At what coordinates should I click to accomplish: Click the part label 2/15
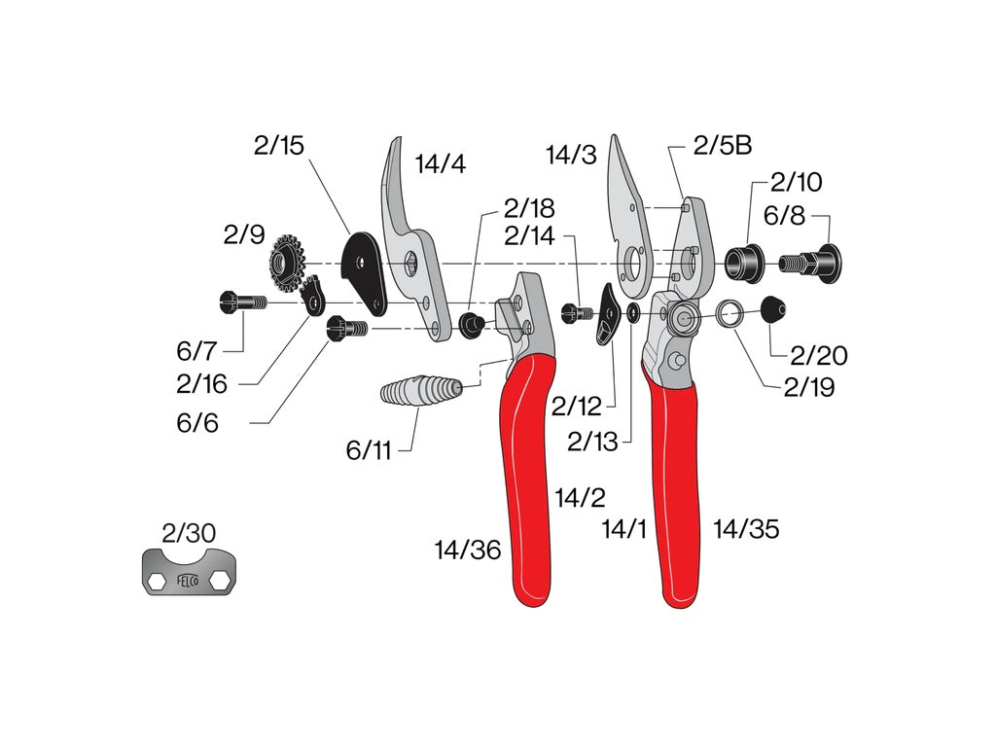[279, 146]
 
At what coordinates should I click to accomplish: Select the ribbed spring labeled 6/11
[419, 393]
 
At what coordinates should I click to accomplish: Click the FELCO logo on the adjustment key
[188, 581]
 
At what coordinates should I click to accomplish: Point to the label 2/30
[189, 533]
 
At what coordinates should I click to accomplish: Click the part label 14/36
[468, 551]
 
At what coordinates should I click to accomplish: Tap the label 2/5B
[723, 146]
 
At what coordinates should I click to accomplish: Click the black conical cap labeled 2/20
[771, 311]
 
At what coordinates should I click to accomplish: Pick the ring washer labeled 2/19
[730, 313]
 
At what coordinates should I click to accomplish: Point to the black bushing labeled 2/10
[743, 261]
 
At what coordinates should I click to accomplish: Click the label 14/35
[746, 529]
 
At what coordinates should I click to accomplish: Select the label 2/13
[592, 442]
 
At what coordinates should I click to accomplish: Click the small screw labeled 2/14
[577, 312]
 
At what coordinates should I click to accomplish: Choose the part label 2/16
[202, 384]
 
